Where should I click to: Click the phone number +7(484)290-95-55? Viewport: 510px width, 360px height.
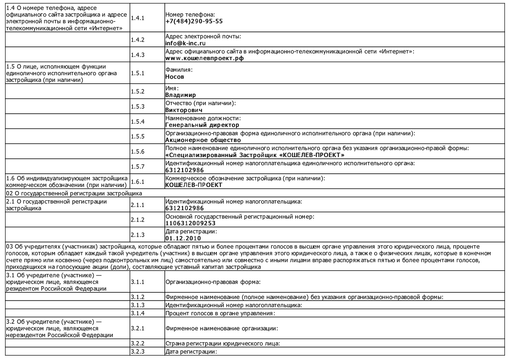point(194,21)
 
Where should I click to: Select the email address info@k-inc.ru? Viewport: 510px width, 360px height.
point(185,43)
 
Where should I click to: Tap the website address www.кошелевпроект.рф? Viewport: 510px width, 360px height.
point(204,58)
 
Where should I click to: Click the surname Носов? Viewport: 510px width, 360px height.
point(175,77)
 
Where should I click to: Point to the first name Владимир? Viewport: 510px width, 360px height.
point(180,95)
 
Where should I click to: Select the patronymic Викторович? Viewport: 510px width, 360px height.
point(184,110)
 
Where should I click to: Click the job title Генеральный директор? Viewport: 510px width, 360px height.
point(202,125)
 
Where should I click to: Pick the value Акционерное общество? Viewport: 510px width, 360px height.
point(203,140)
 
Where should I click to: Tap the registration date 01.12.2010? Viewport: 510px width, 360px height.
point(183,238)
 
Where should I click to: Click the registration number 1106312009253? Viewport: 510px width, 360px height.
point(190,223)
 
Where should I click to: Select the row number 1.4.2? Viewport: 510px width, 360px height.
point(137,40)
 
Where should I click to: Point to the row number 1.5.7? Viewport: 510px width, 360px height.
point(137,167)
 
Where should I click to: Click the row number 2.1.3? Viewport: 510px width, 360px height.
point(137,235)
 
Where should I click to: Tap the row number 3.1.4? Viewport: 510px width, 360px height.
point(137,313)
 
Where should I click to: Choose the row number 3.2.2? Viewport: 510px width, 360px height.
point(137,343)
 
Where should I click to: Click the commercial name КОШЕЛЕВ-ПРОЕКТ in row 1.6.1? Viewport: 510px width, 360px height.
point(194,185)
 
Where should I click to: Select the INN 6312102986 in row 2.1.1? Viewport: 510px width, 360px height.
point(184,208)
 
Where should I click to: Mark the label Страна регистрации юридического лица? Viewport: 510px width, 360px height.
point(222,343)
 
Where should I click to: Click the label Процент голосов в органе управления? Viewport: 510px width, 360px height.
point(220,313)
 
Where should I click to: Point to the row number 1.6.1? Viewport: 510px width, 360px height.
point(137,182)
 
